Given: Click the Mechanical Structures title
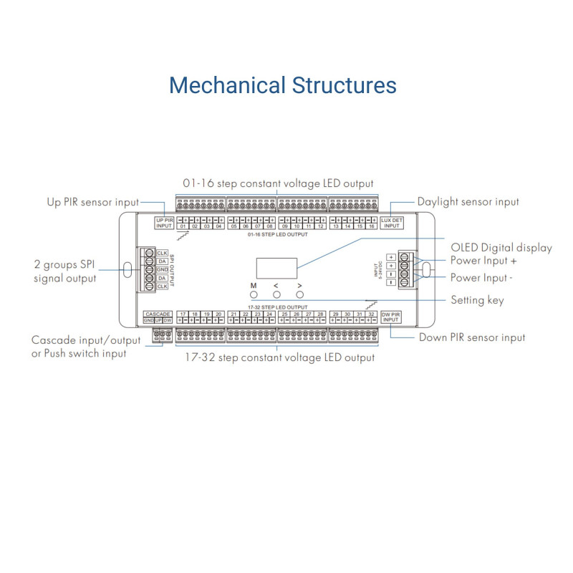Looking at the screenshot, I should point(282,85).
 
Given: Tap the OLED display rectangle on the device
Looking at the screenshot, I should point(276,269).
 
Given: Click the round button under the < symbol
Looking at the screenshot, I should point(276,294).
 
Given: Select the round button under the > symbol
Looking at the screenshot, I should point(300,294).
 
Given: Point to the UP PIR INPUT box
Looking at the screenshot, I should point(164,223).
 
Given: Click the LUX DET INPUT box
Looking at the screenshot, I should point(391,223).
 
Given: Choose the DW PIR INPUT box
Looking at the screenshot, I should point(390,317).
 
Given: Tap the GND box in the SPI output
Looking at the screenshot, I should point(163,269).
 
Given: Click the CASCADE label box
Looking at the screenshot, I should point(158,314).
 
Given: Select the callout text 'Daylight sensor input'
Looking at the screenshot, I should point(468,202).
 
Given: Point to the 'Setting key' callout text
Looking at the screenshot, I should point(477,300).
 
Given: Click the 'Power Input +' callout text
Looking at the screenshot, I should point(483,261).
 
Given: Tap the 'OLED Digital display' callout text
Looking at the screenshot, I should point(501,248).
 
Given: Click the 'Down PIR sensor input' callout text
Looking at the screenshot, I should point(473,337).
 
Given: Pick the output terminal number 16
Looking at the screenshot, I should point(371,226).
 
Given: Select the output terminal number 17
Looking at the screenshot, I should point(183,314).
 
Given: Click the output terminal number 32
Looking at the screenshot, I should point(371,314).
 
